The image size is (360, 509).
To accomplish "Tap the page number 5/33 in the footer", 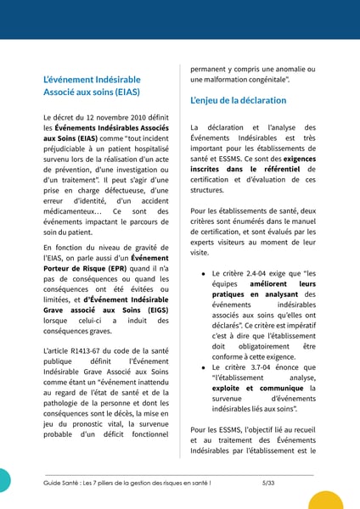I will pyautogui.click(x=268, y=482).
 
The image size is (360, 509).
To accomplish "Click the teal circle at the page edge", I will pyautogui.click(x=4, y=479).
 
